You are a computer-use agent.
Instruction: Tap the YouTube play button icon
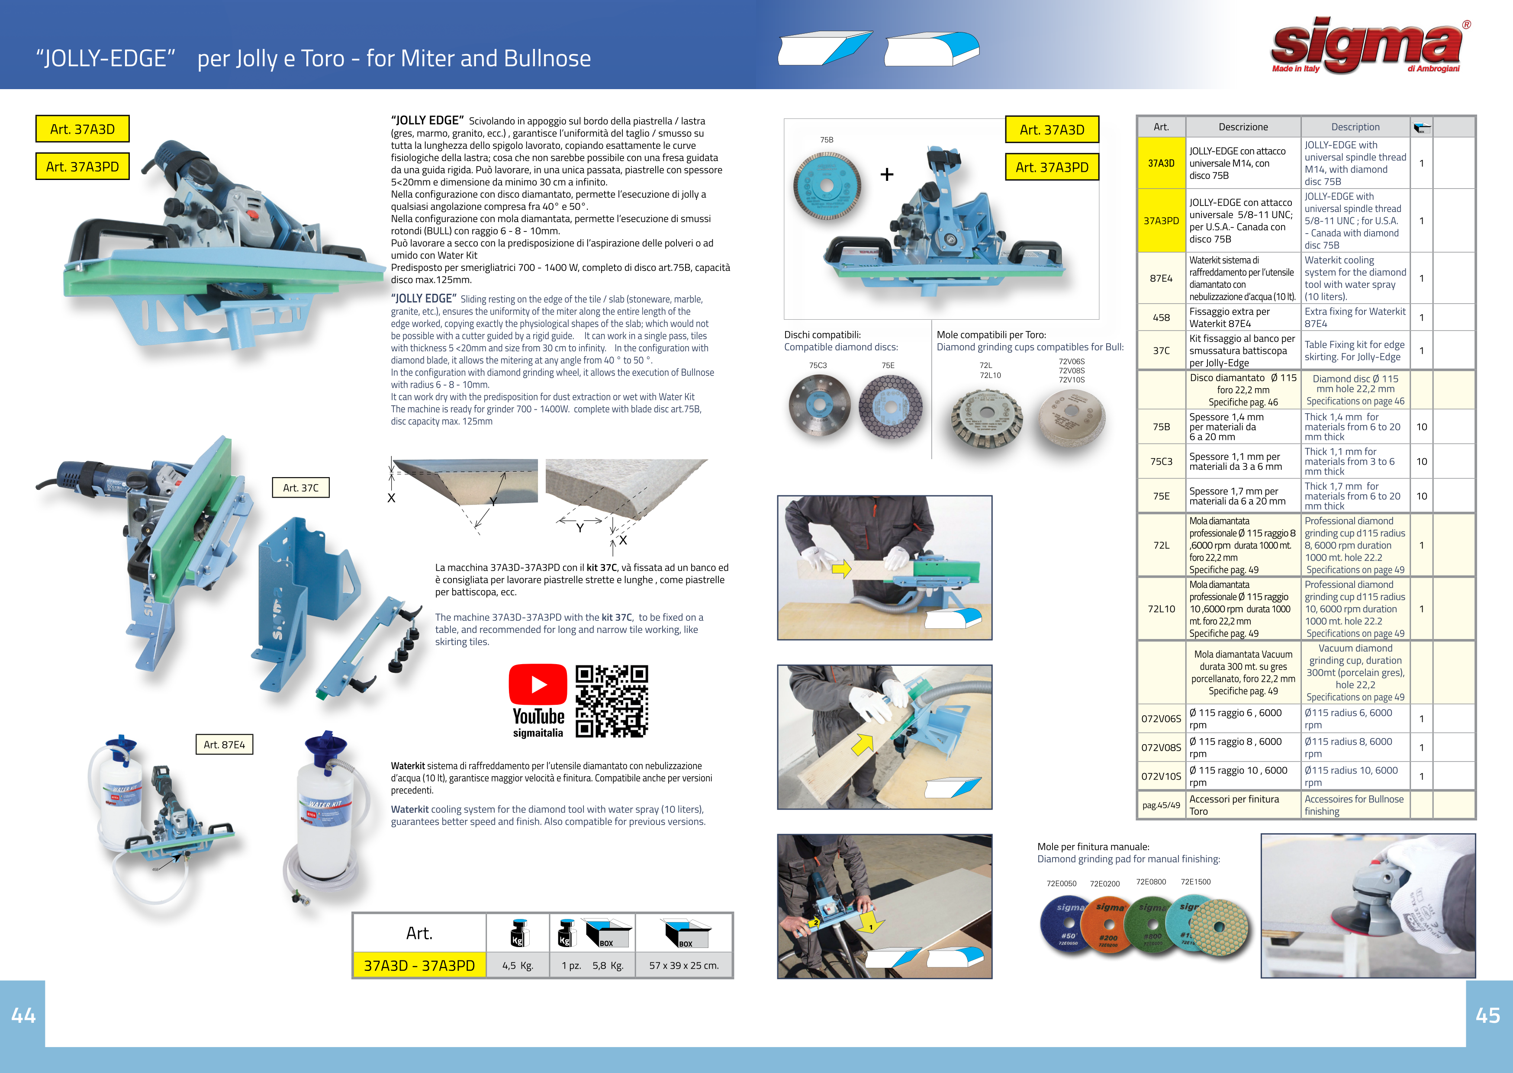(x=538, y=684)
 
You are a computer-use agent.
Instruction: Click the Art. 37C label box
(x=301, y=488)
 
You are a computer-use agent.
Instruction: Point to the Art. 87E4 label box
(x=224, y=745)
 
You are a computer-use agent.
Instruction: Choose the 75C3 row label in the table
(x=1161, y=461)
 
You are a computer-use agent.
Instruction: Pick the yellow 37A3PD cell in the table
(x=1161, y=221)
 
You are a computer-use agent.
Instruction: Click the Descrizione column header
(x=1243, y=127)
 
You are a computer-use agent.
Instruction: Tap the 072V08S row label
(x=1161, y=747)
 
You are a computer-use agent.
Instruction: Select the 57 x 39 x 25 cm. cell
(x=684, y=965)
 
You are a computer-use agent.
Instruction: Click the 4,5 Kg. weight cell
(x=517, y=965)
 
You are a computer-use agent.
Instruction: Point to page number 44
(x=23, y=1015)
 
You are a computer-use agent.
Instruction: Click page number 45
(x=1488, y=1015)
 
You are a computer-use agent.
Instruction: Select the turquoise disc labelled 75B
(x=827, y=187)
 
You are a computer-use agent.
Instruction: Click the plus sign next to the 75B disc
(x=887, y=174)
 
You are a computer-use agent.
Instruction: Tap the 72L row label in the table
(x=1161, y=545)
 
